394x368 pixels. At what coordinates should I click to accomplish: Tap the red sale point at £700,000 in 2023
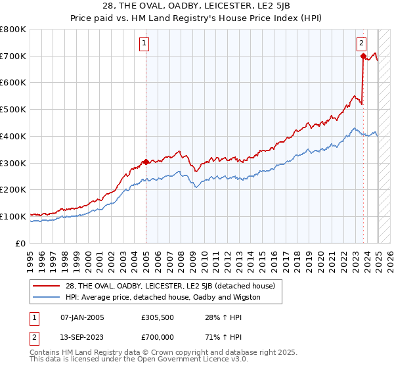pos(363,57)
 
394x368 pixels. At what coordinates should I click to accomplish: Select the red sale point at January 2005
pos(146,162)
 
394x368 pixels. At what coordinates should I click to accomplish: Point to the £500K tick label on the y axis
pos(13,110)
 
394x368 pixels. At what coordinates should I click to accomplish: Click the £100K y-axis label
pos(13,216)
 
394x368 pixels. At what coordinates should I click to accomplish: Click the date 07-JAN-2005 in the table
pos(81,317)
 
